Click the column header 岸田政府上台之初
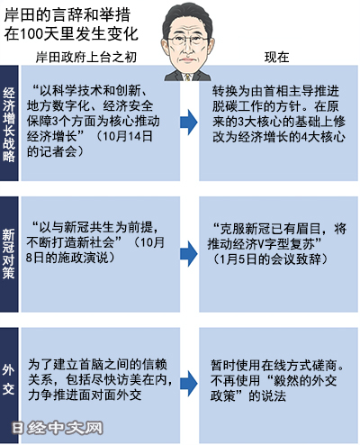[86, 57]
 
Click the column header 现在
[276, 57]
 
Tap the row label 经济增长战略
[9, 124]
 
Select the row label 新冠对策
[9, 254]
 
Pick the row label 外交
[9, 379]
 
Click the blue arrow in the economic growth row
[189, 123]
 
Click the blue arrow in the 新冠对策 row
[189, 254]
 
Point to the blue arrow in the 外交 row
[189, 384]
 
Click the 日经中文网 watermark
[58, 428]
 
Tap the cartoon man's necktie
[187, 77]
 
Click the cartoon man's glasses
[188, 41]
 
